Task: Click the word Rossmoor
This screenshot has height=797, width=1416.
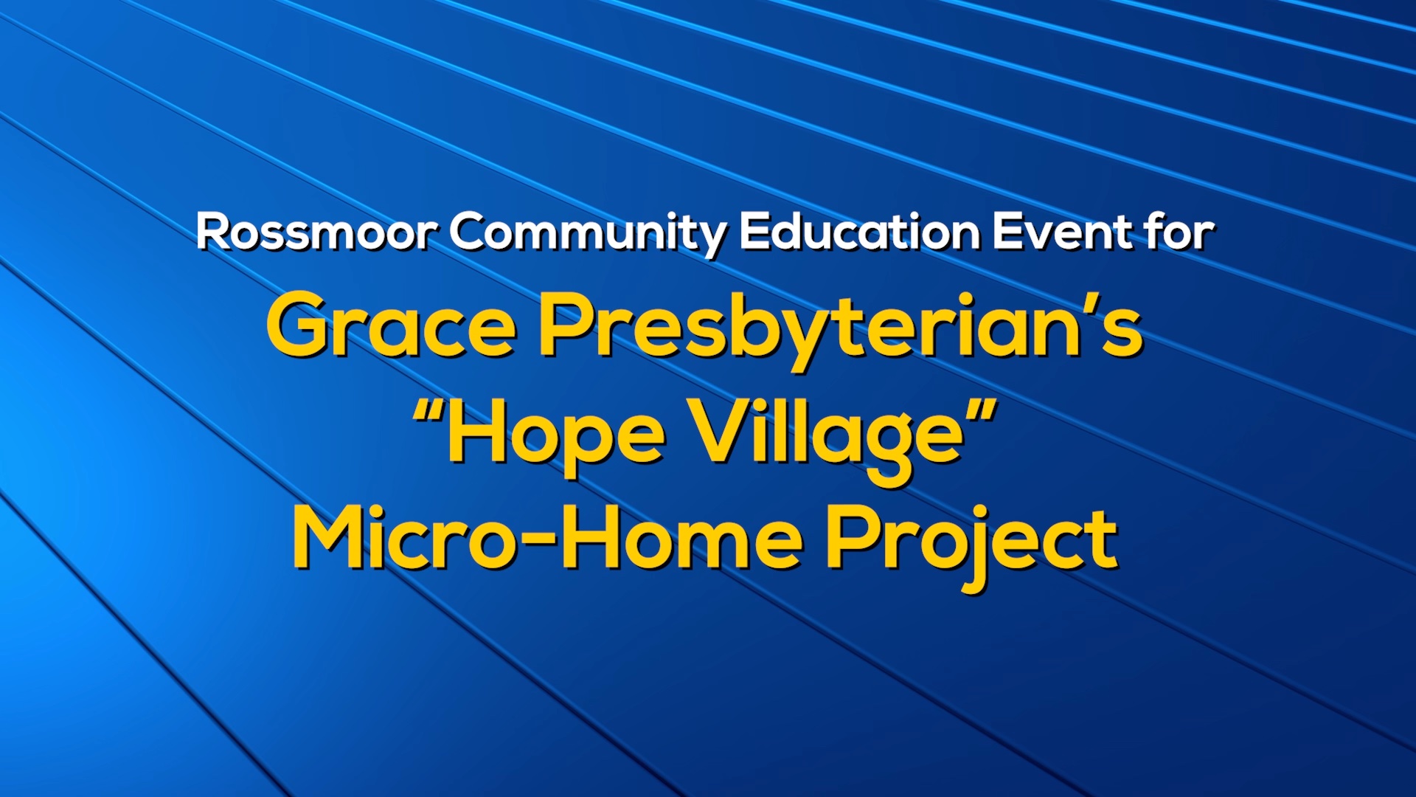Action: (x=316, y=232)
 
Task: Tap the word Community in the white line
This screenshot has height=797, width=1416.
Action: (x=588, y=235)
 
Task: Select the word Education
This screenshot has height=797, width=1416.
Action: (x=859, y=232)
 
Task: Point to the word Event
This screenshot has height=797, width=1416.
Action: (x=1062, y=232)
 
